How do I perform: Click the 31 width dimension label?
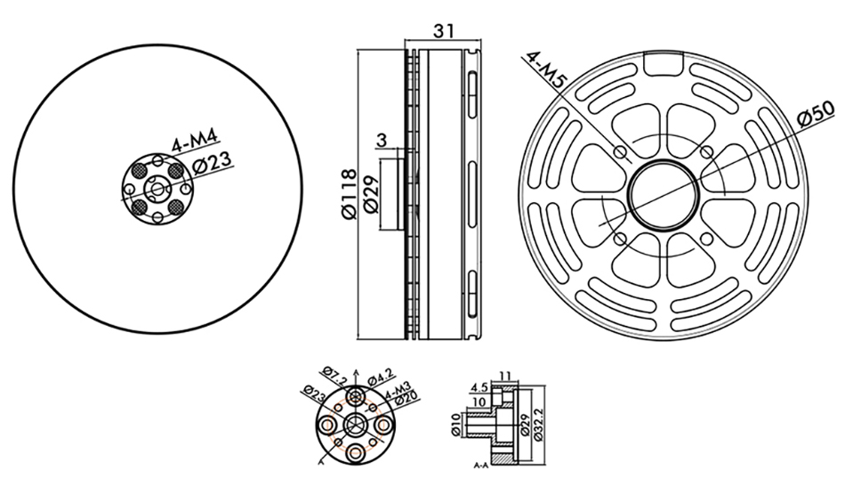tap(444, 31)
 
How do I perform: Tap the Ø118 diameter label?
tap(350, 194)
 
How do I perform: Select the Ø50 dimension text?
tap(816, 114)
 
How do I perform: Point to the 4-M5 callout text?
tap(545, 70)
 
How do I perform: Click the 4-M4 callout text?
tap(195, 140)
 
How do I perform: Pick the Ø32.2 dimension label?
tap(538, 425)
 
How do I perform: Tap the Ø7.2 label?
tap(335, 376)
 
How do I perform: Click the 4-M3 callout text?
tap(398, 390)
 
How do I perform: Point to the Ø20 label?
tap(406, 399)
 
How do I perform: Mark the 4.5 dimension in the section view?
tap(479, 387)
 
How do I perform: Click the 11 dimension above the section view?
tap(505, 376)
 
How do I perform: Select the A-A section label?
tap(480, 466)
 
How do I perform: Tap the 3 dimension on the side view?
tap(381, 141)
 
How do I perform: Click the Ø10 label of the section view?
tap(455, 426)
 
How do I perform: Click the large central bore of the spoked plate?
tap(664, 195)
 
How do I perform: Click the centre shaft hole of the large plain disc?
tap(157, 189)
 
